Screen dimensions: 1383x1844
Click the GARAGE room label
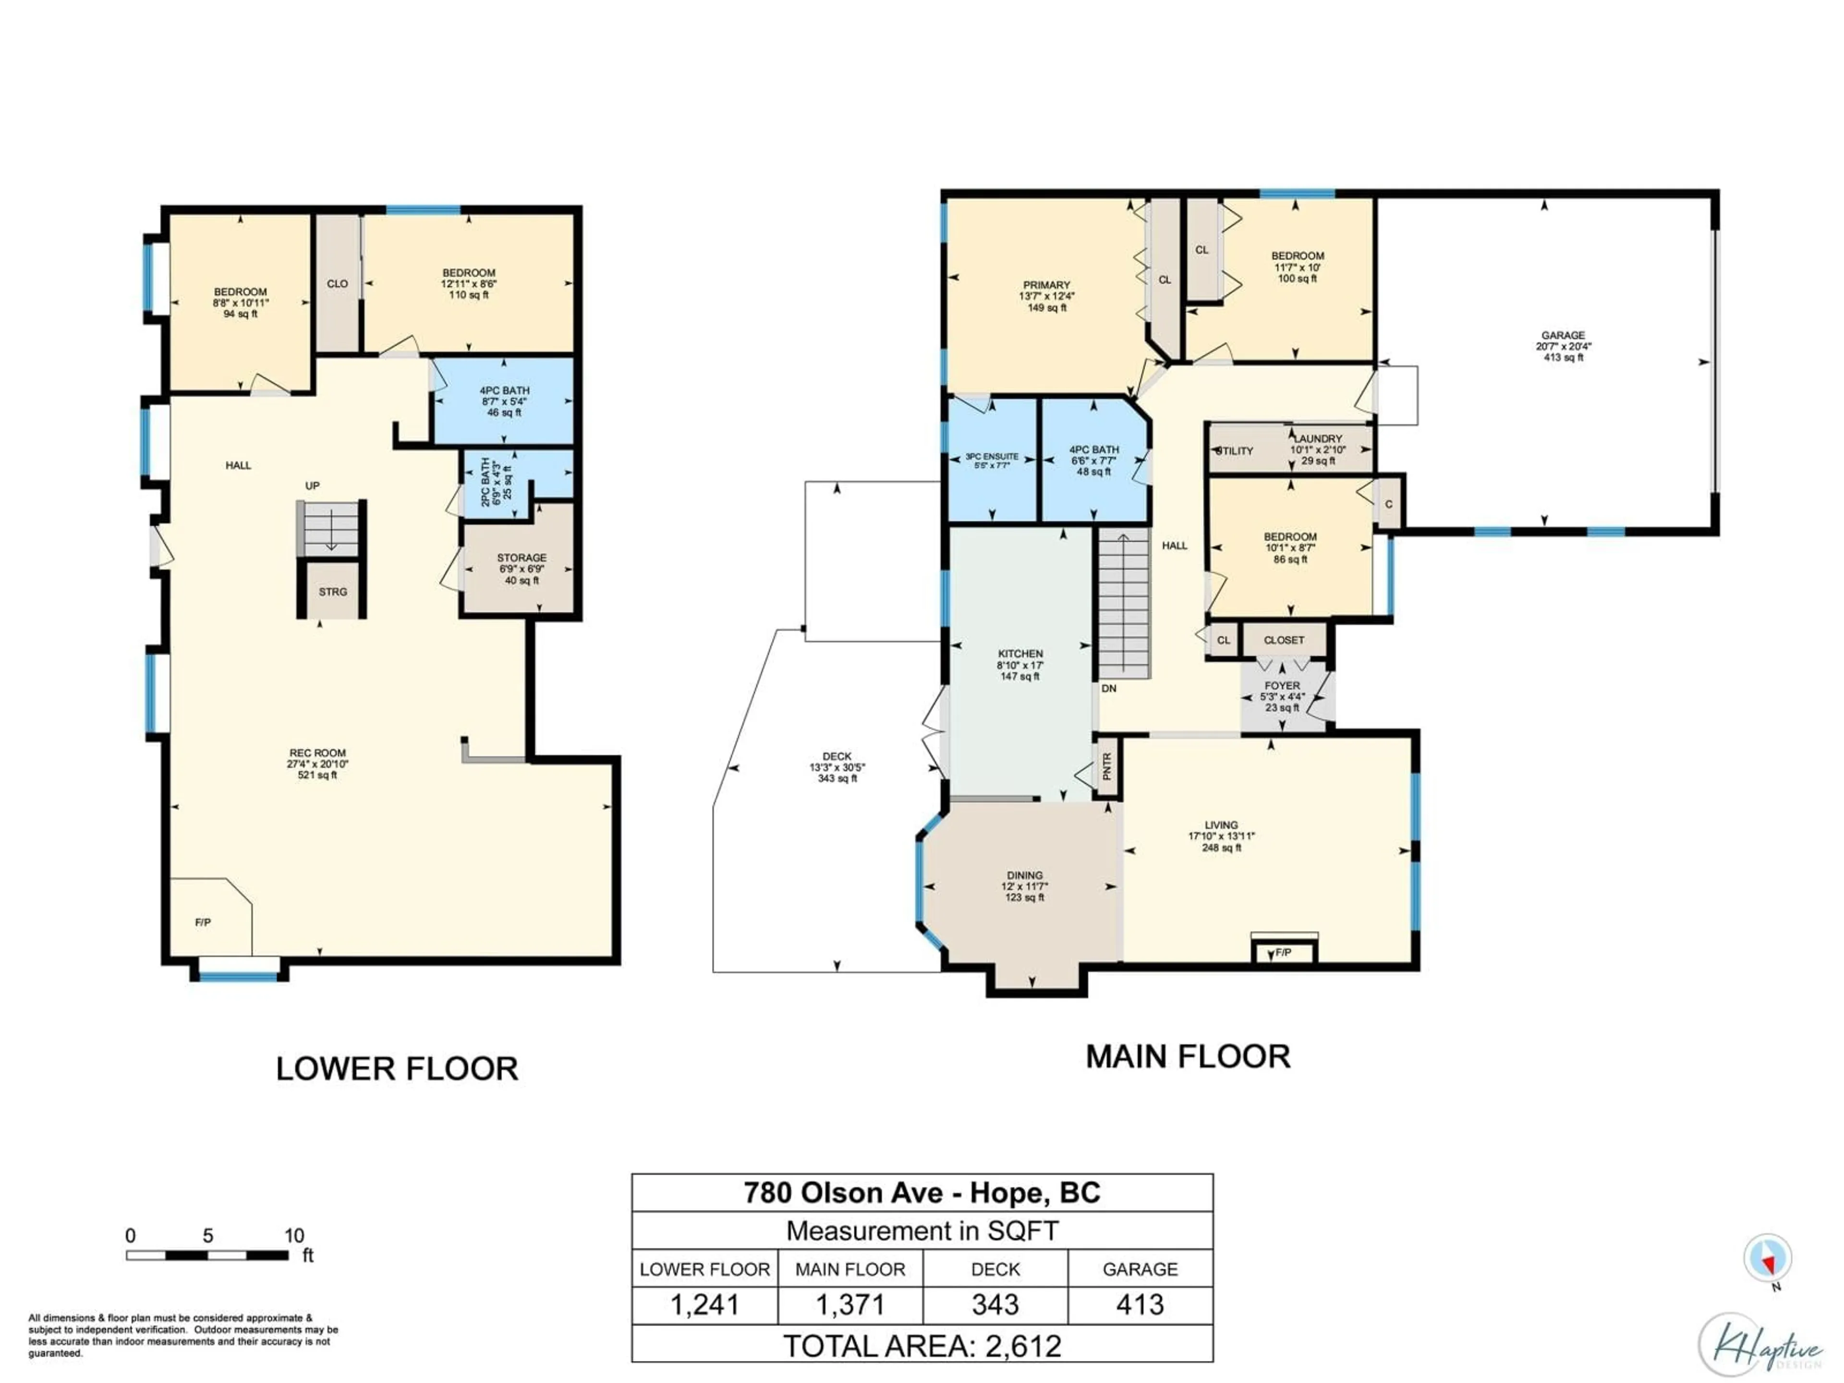click(1562, 335)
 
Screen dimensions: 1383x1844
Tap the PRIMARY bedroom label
click(1046, 285)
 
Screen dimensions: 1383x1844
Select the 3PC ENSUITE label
click(992, 457)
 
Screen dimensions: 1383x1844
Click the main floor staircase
click(1124, 605)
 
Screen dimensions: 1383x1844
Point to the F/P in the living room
click(1284, 952)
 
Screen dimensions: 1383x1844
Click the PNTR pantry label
click(1107, 765)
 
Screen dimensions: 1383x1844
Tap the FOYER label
click(1282, 685)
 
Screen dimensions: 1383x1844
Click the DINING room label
click(1025, 875)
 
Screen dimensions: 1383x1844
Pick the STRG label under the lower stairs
click(333, 592)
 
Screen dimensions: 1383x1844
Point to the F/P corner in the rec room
click(203, 922)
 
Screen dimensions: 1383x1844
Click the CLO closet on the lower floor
click(338, 283)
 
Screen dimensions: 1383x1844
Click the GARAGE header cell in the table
click(1140, 1269)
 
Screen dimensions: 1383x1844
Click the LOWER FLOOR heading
click(397, 1069)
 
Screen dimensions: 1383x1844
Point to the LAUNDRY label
click(1319, 438)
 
